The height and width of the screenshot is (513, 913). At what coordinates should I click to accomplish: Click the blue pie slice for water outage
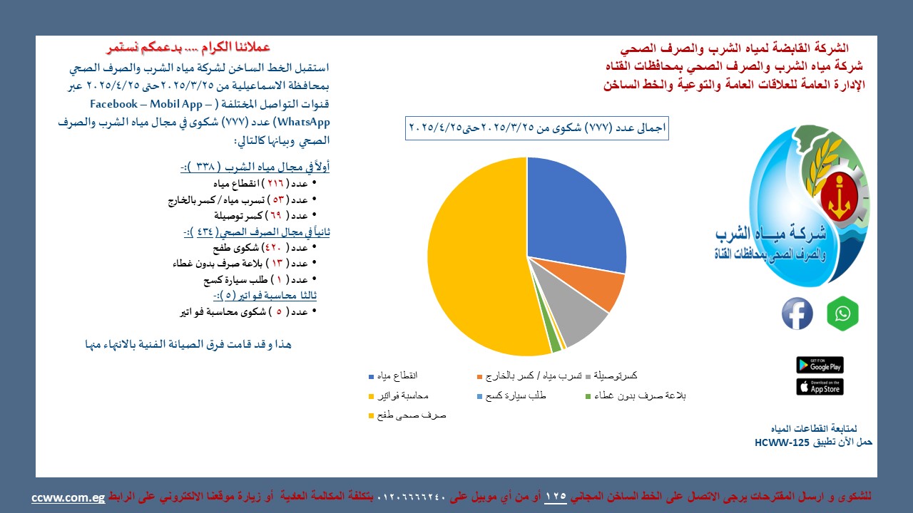click(571, 212)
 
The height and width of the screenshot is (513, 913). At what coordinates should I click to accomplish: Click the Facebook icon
click(797, 313)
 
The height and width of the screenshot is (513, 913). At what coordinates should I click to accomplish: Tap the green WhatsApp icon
click(842, 313)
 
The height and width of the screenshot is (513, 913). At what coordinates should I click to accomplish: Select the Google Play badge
click(820, 365)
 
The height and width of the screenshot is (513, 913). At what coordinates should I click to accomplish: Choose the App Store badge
click(820, 387)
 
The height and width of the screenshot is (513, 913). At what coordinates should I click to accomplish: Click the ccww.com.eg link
click(68, 498)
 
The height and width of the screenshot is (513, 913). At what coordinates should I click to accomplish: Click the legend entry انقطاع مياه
click(393, 375)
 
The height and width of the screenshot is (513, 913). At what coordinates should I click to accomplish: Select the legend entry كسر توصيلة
click(611, 375)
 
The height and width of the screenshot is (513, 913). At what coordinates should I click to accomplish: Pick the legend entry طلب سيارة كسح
click(511, 395)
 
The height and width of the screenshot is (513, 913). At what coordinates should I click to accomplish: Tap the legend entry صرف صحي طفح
click(407, 415)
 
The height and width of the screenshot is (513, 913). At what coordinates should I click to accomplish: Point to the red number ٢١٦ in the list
click(275, 184)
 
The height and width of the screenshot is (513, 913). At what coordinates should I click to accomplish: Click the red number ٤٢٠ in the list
click(272, 247)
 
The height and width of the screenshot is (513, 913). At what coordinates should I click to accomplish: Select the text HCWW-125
click(782, 442)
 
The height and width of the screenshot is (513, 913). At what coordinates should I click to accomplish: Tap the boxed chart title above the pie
click(537, 128)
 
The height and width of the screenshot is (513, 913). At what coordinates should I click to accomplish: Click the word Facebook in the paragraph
click(113, 104)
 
